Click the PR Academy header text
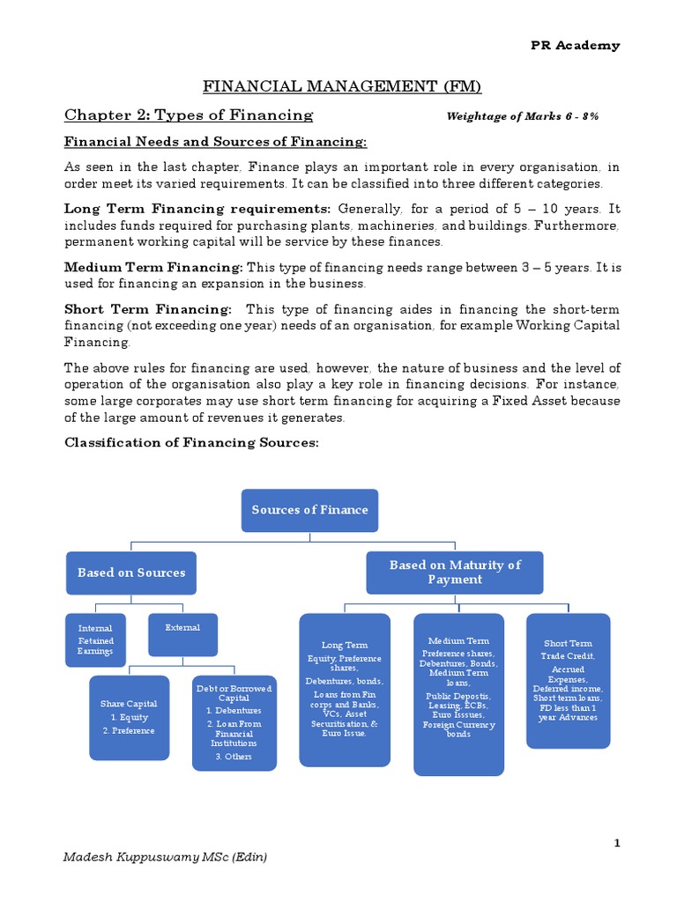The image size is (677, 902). (x=574, y=46)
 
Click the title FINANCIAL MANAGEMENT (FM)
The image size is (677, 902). (x=343, y=85)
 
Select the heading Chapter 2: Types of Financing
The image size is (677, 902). (x=189, y=115)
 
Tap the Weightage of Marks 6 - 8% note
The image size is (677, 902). (x=523, y=116)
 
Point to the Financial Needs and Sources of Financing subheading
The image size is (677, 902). (x=216, y=143)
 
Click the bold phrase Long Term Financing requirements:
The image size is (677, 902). (x=197, y=209)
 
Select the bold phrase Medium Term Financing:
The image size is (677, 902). (x=153, y=267)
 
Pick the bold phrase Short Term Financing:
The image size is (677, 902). (x=148, y=308)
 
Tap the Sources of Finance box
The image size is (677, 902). (x=309, y=510)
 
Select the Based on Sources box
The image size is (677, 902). (x=131, y=573)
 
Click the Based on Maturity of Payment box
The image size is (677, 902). (x=455, y=573)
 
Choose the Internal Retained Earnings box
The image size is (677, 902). (x=95, y=635)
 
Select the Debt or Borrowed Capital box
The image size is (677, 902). (x=234, y=722)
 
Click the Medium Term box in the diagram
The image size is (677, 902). (x=458, y=694)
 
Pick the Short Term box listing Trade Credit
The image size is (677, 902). (x=568, y=681)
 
